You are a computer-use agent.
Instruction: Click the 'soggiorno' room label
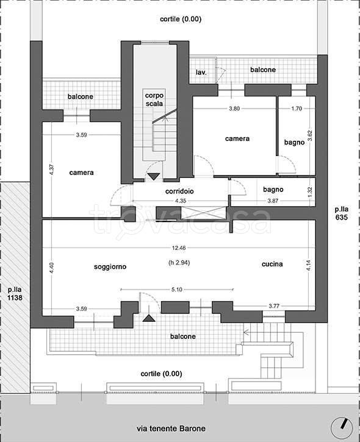110,267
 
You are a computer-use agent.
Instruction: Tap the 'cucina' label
272,264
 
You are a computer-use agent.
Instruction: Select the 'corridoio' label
179,191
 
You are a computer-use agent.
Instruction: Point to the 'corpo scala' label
154,100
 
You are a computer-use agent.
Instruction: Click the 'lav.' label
201,73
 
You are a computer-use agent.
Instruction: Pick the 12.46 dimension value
179,248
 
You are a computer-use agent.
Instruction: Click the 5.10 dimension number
177,290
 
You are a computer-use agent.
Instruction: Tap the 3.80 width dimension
234,109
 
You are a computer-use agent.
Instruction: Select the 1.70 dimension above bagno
297,109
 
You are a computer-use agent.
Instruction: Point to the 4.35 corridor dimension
181,201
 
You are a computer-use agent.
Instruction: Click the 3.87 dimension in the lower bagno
273,201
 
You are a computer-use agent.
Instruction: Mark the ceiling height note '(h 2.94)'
179,263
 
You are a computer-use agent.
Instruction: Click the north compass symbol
342,426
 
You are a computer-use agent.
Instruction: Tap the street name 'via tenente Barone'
171,429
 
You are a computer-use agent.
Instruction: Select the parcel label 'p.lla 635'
341,213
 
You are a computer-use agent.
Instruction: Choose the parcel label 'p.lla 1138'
15,293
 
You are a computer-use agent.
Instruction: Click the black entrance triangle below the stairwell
154,177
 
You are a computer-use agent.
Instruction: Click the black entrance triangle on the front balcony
149,318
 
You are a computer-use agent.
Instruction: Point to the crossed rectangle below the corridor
203,213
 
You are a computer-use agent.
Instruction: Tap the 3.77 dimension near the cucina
274,306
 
